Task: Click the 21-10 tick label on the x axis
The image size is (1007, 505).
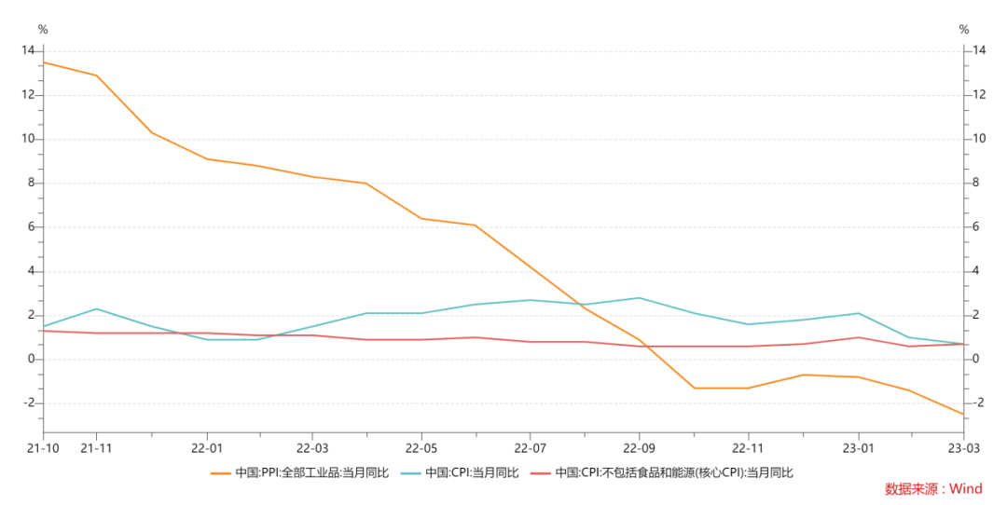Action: (43, 447)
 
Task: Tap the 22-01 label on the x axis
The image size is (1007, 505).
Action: (206, 447)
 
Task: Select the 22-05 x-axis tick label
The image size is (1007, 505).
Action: (421, 447)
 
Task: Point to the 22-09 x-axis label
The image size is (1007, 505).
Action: (639, 447)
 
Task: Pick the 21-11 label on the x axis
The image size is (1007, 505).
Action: (97, 447)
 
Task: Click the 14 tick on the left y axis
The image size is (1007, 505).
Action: (28, 50)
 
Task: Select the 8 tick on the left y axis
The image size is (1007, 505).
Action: (31, 183)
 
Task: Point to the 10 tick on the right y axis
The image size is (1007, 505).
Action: (979, 139)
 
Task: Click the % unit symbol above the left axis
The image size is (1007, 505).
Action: (42, 30)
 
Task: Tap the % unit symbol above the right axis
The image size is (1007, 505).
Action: (964, 30)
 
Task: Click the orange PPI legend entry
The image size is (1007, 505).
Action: (301, 473)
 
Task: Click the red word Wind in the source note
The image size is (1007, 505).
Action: (966, 489)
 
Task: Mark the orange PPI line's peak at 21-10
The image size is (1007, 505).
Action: (43, 62)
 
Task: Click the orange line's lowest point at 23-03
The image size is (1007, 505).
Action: (963, 414)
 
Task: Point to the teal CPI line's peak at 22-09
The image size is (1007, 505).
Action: (639, 298)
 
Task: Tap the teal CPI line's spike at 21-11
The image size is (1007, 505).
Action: (97, 308)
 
